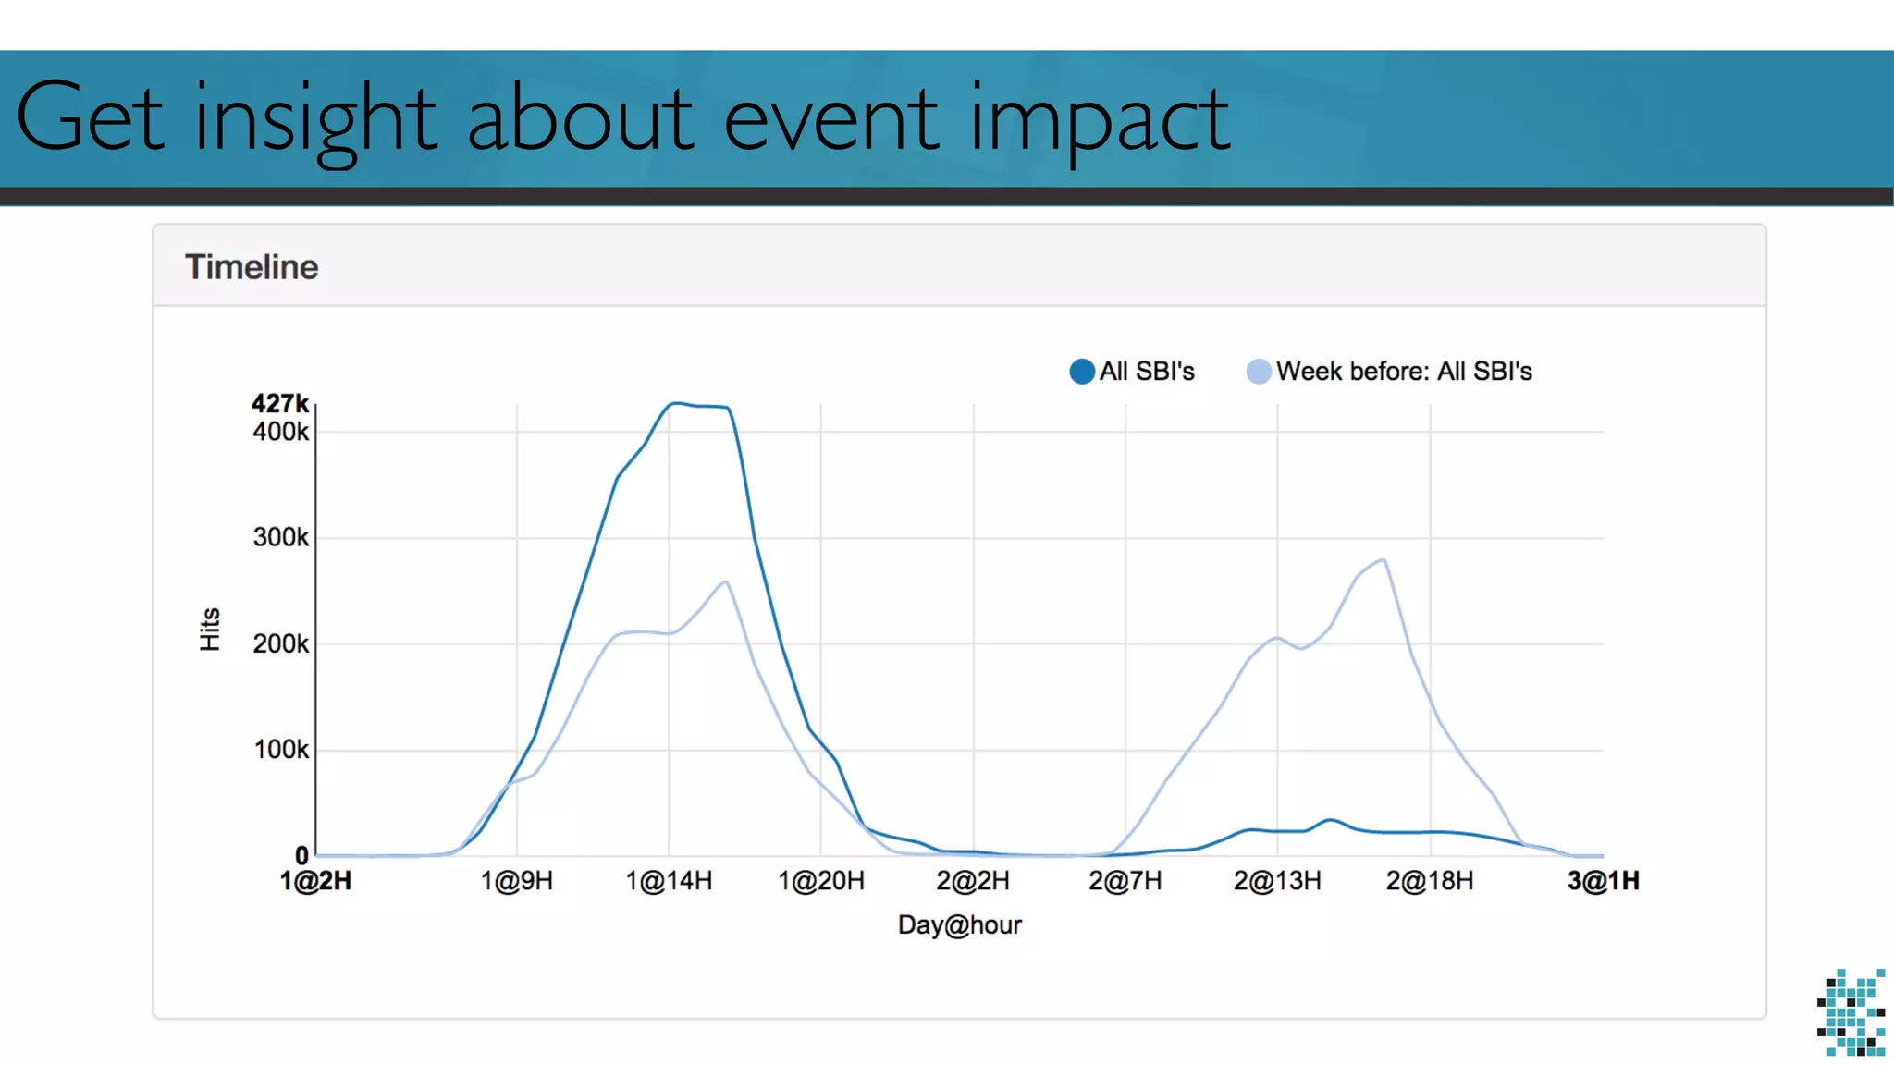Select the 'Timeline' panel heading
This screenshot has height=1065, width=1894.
[x=252, y=267]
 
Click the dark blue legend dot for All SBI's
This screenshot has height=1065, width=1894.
[x=1082, y=372]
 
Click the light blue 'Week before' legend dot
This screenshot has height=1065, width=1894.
[x=1259, y=372]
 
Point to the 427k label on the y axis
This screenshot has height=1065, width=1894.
[x=279, y=404]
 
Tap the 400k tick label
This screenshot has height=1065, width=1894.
[x=280, y=432]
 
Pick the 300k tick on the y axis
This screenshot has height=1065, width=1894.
[x=280, y=537]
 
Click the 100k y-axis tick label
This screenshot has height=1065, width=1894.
[x=281, y=750]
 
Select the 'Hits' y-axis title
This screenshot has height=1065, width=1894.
[x=210, y=630]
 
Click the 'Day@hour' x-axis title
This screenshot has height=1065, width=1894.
[x=959, y=924]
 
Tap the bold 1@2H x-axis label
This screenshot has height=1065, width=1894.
[x=315, y=881]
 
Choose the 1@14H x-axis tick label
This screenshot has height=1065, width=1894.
[x=669, y=881]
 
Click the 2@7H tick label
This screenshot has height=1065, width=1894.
[x=1125, y=881]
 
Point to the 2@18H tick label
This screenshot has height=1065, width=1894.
[x=1429, y=881]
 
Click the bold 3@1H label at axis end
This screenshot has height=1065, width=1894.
[x=1603, y=881]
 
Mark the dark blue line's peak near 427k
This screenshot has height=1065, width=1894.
[x=676, y=403]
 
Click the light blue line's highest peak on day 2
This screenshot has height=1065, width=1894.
[x=1383, y=559]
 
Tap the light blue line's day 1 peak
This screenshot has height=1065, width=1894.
[x=726, y=581]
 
